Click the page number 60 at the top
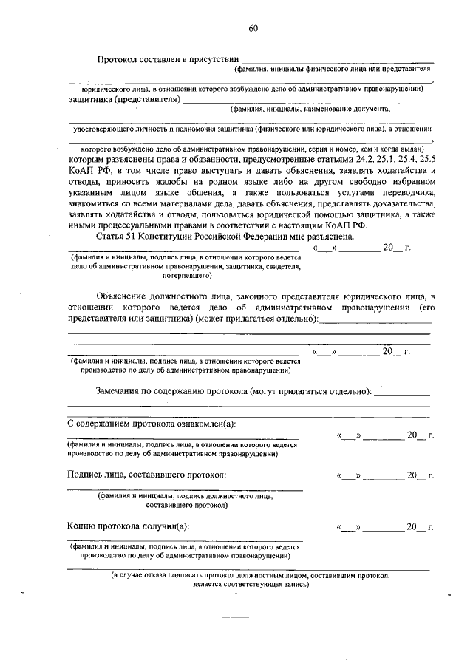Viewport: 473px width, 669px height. [x=253, y=29]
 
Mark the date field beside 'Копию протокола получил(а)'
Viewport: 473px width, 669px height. [x=384, y=528]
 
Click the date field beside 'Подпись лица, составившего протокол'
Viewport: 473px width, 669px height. [x=384, y=476]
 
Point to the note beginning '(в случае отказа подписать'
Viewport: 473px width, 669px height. [x=251, y=574]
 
